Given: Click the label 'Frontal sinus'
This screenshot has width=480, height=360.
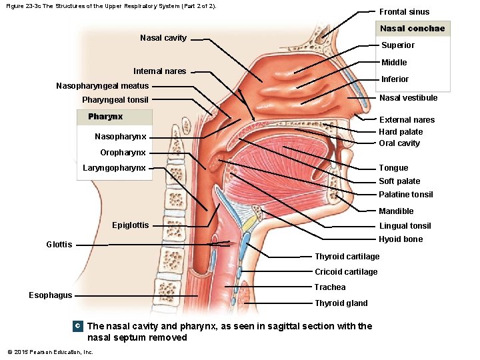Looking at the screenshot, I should [404, 12].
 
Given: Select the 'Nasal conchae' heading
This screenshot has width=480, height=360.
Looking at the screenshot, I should [412, 29].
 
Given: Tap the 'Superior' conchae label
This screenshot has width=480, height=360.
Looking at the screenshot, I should [397, 45].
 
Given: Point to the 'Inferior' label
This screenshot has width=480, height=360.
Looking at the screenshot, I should [395, 79].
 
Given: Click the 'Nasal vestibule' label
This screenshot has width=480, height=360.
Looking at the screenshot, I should [408, 98].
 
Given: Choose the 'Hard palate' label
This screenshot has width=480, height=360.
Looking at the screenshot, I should [400, 132].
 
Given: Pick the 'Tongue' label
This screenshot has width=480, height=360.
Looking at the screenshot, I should [393, 168].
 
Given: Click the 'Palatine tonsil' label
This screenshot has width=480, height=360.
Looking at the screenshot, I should [405, 195].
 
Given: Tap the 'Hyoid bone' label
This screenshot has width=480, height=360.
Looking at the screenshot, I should [401, 239].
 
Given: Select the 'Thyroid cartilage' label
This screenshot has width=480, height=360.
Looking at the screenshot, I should [347, 257].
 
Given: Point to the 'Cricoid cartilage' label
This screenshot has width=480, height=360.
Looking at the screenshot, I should [346, 272].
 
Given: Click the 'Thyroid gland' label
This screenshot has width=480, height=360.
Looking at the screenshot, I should [341, 303].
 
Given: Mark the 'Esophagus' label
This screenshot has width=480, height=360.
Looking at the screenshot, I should [51, 295].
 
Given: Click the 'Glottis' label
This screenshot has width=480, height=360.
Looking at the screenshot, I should [59, 245].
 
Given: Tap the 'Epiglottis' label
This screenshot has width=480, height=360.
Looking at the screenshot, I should [131, 225].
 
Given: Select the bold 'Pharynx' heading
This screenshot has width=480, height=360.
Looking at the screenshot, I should [105, 117].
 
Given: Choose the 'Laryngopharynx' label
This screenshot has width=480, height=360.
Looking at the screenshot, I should [114, 168].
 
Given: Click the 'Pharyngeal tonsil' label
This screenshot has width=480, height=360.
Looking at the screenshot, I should [115, 100].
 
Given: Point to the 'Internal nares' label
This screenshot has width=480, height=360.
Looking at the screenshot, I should [160, 71].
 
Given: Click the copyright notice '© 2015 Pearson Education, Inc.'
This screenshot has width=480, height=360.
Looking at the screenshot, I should [50, 352].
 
